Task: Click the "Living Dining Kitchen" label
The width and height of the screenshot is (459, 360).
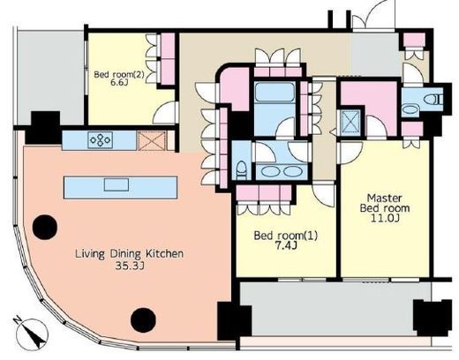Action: point(130,253)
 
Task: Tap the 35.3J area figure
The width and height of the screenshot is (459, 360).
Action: point(130,266)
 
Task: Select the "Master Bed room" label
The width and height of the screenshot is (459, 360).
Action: point(385,203)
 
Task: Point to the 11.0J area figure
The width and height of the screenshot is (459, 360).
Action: point(385,218)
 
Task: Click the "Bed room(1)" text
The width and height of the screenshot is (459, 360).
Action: point(286,236)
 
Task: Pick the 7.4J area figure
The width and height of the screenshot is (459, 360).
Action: point(286,246)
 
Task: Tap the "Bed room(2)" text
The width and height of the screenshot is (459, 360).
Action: point(119,74)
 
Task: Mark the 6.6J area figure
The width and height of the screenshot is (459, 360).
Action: point(119,82)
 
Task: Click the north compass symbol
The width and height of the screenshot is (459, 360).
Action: point(33,334)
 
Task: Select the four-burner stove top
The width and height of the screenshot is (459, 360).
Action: point(101,140)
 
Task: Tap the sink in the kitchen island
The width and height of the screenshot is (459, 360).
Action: point(117,184)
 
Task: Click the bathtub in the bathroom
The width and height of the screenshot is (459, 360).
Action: point(275,92)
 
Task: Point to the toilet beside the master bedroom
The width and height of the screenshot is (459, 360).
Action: point(433,99)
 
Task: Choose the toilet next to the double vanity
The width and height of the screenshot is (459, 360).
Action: point(242,170)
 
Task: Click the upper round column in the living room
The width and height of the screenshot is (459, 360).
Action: point(45,227)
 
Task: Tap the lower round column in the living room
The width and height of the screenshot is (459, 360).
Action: point(143,320)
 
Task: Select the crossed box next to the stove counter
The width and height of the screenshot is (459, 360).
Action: point(153,141)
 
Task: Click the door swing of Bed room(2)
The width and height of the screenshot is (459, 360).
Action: point(165,113)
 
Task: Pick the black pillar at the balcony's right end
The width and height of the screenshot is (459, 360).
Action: point(433,318)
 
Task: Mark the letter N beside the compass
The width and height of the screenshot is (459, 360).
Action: point(19,319)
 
